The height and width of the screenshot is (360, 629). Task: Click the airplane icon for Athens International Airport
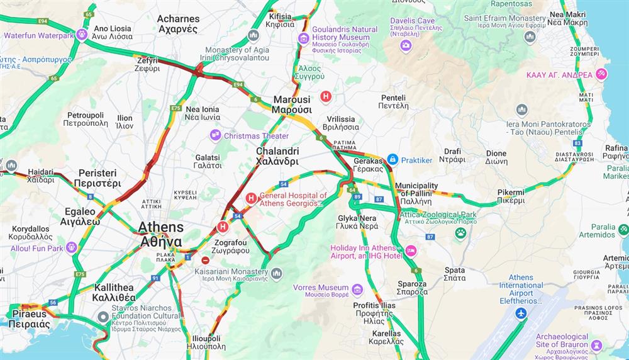coord(520,313)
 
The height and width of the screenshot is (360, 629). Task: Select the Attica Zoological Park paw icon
coord(460,233)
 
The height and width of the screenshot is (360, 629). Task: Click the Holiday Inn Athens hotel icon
coord(411,251)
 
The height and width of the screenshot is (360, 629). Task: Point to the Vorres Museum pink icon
coord(357,289)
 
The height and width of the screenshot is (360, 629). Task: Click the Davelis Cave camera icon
coord(406,45)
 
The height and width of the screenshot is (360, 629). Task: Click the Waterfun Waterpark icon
coord(82,35)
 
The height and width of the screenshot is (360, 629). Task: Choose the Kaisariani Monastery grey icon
coord(277,273)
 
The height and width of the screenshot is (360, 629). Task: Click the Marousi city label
coord(291,104)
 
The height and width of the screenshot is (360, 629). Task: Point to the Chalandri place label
coord(277,157)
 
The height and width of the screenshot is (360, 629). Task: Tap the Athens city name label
coord(161,233)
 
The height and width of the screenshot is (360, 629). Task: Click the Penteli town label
coord(394,102)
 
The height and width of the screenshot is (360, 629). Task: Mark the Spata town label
coord(454,274)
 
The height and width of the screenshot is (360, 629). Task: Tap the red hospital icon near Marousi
coord(326,96)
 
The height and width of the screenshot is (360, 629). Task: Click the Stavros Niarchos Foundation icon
coord(103,316)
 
